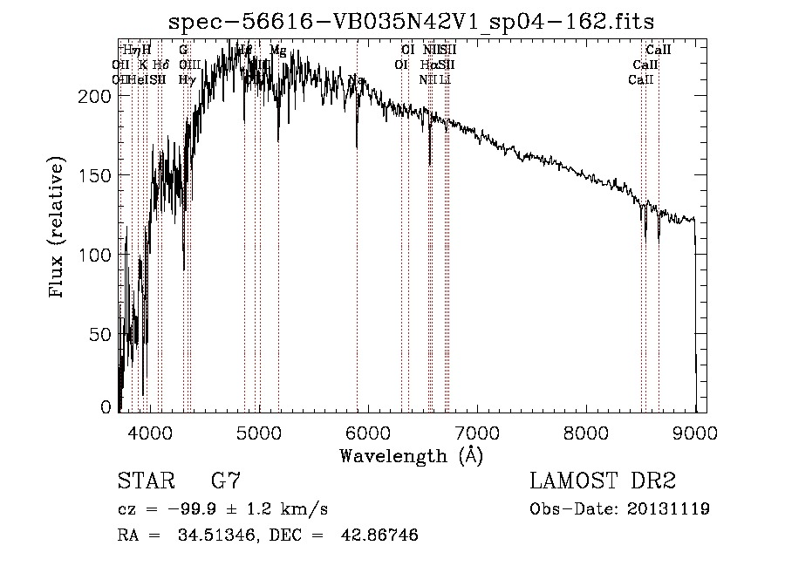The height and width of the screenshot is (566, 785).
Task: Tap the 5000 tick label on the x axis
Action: (259, 431)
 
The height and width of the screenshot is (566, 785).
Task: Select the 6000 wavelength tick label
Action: (368, 431)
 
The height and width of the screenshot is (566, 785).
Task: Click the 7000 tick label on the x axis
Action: (477, 431)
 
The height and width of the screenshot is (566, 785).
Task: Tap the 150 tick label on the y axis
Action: (94, 175)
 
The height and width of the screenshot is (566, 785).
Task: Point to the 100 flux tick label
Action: (94, 255)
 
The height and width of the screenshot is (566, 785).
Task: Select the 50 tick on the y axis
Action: (99, 334)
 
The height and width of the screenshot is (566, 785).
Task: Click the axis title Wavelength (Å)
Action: (411, 455)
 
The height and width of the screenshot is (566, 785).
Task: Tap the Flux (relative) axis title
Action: (58, 228)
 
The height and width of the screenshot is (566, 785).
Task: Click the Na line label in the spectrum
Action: (356, 80)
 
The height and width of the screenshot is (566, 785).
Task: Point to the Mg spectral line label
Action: (277, 51)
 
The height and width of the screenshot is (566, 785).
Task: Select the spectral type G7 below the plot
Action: (226, 481)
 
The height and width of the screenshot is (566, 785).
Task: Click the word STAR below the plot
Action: (145, 481)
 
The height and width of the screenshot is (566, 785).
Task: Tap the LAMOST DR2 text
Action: (603, 481)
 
